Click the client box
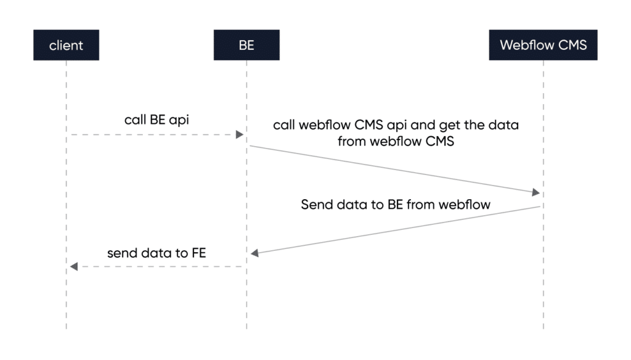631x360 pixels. point(66,46)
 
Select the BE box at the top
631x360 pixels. point(246,46)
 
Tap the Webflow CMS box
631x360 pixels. point(543,46)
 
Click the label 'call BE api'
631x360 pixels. point(157,120)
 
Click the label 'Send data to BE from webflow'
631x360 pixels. point(396,204)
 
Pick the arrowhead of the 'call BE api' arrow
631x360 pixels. point(240,134)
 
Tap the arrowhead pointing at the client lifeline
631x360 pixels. point(73,266)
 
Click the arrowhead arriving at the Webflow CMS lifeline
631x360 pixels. point(535,193)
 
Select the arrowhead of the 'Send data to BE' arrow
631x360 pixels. point(254,253)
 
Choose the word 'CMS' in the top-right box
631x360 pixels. point(572,46)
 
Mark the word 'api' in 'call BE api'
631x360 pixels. point(179,120)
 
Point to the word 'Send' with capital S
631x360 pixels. point(317,204)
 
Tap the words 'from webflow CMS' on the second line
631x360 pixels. point(396,141)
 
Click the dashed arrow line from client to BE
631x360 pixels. point(154,134)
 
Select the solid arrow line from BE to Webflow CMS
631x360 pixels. point(394,170)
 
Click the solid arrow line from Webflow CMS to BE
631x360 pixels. point(394,230)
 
